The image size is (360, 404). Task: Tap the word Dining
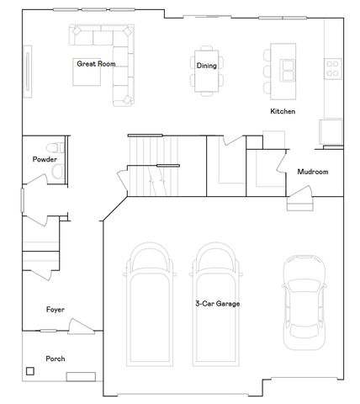[x=206, y=66]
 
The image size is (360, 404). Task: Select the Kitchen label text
[x=282, y=111]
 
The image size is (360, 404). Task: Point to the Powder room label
[x=45, y=159]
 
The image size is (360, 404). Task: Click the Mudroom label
[x=312, y=173]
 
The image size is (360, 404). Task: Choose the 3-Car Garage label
[x=217, y=304]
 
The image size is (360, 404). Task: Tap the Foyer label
[x=55, y=310]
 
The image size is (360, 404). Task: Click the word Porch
[x=55, y=359]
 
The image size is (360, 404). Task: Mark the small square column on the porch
[x=31, y=370]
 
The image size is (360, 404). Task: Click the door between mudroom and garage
[x=300, y=203]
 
